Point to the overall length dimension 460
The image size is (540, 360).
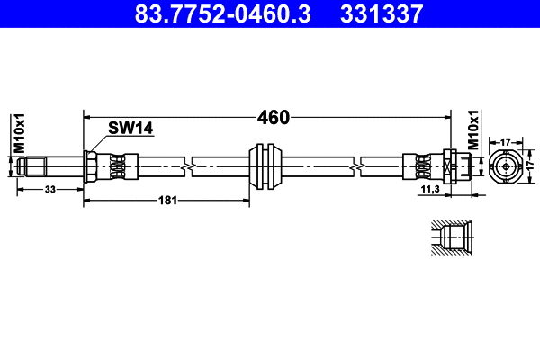[x=273, y=117]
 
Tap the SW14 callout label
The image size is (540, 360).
[x=130, y=129]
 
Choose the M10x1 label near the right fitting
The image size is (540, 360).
[x=473, y=131]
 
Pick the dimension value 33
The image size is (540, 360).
[x=50, y=189]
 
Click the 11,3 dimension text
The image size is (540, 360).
[x=430, y=189]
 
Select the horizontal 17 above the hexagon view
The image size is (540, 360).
[x=506, y=141]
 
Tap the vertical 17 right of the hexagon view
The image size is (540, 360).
[x=532, y=166]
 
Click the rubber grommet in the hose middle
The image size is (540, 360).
[x=266, y=166]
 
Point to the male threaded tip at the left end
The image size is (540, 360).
[x=33, y=166]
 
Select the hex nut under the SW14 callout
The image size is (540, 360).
[x=92, y=166]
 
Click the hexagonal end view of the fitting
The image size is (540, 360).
[x=506, y=166]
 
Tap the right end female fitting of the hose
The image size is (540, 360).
[x=454, y=166]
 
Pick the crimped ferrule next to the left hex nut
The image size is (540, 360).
[x=117, y=166]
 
